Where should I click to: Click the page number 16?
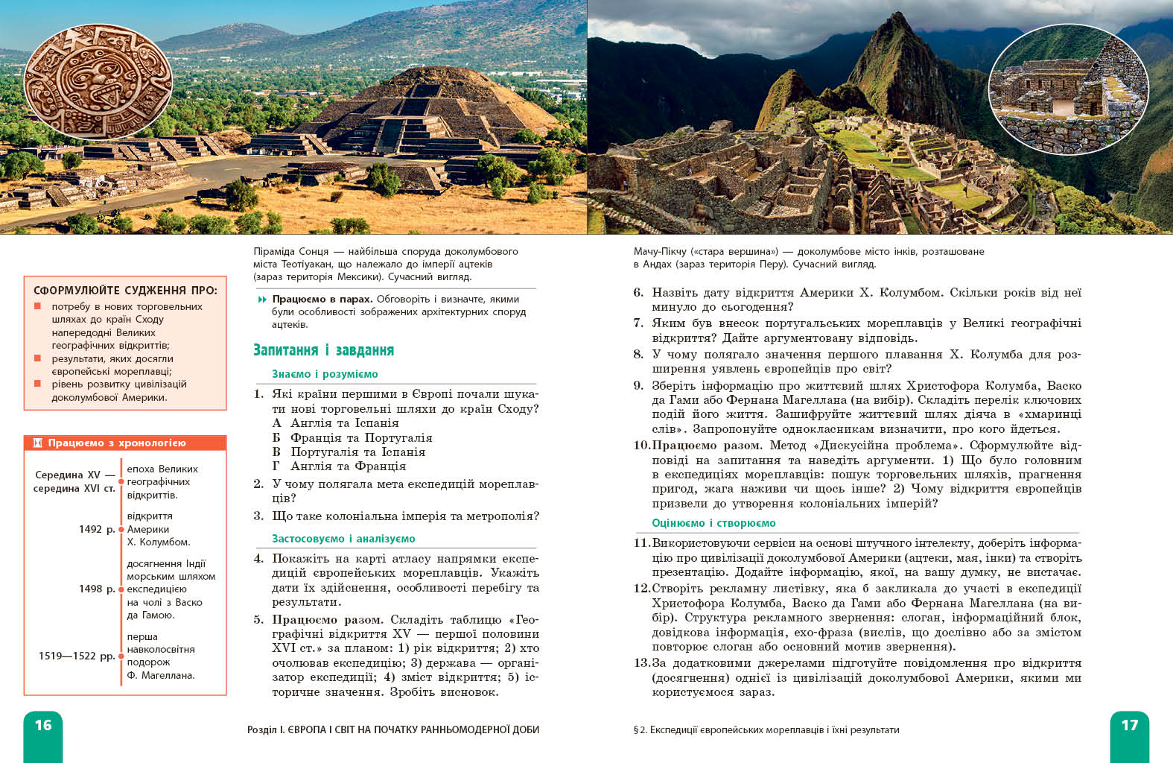(x=43, y=725)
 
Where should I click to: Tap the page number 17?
(x=1129, y=725)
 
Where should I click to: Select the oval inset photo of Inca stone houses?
(x=1067, y=89)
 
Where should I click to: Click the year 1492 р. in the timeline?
(x=97, y=529)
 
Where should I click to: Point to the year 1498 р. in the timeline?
(x=97, y=589)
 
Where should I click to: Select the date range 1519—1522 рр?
(x=77, y=656)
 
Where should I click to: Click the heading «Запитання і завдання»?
(x=323, y=350)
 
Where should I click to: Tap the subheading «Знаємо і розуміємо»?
(x=325, y=374)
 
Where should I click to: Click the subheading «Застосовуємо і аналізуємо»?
(x=343, y=539)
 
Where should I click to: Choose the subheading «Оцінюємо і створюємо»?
(x=713, y=523)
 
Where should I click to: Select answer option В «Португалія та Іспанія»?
(x=349, y=452)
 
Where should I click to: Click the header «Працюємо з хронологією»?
(x=116, y=443)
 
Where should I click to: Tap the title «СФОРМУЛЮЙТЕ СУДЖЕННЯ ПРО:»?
(x=125, y=291)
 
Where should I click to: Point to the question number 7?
(x=638, y=323)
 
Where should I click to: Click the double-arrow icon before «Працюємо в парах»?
(x=262, y=300)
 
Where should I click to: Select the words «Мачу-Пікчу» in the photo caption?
(x=660, y=251)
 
